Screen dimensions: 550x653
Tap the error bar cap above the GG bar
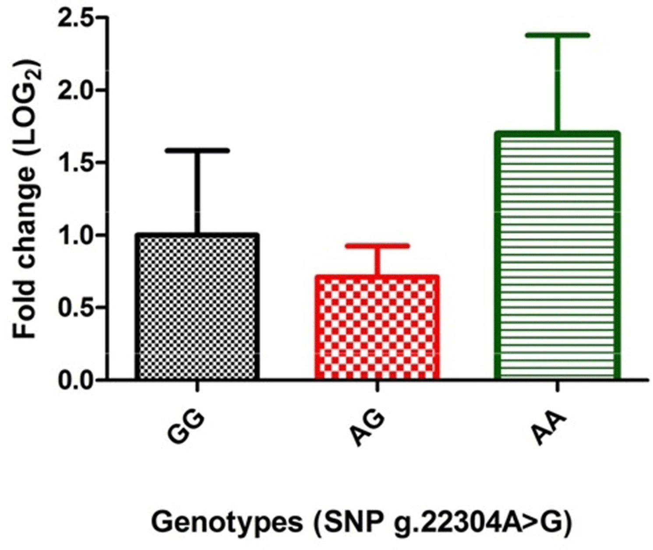[x=197, y=150]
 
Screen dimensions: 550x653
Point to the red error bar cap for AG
[x=377, y=246]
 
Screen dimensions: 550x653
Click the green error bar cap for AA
[x=558, y=35]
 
